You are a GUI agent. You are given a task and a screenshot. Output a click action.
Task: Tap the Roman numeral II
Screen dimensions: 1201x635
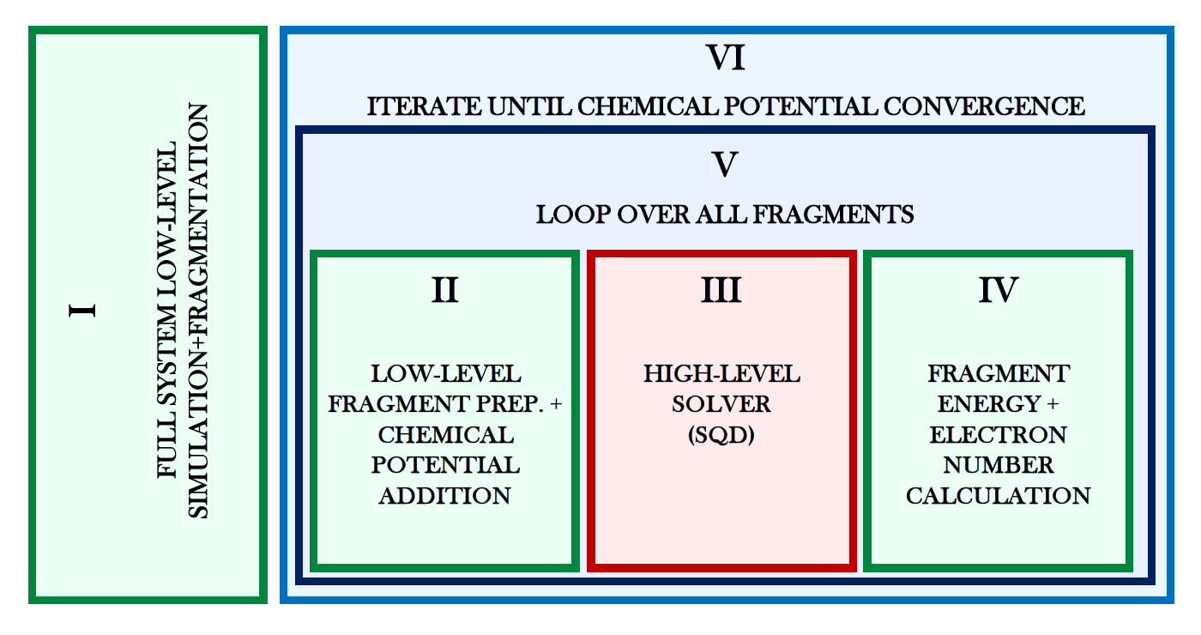click(x=444, y=291)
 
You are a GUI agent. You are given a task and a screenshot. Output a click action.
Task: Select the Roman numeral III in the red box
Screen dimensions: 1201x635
click(x=721, y=291)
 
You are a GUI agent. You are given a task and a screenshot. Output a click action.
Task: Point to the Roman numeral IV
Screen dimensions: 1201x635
click(x=999, y=291)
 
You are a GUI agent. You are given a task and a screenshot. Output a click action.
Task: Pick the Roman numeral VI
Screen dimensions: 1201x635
click(x=725, y=58)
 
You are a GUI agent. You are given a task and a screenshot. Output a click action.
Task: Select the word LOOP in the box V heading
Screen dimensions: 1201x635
click(x=564, y=214)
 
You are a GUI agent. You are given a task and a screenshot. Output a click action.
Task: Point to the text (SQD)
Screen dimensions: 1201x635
click(x=721, y=435)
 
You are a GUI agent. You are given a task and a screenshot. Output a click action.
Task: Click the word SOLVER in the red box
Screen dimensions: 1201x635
click(x=721, y=404)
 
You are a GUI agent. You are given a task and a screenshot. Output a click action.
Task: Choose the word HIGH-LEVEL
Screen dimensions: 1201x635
click(x=721, y=374)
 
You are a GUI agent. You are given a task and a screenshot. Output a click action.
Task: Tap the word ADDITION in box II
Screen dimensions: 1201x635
click(x=445, y=496)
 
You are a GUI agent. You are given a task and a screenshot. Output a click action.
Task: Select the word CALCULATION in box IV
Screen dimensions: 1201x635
click(x=999, y=496)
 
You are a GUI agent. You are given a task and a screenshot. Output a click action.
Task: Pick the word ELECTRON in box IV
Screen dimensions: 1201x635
click(x=999, y=435)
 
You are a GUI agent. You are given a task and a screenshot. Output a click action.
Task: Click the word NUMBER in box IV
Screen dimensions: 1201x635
click(x=999, y=465)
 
